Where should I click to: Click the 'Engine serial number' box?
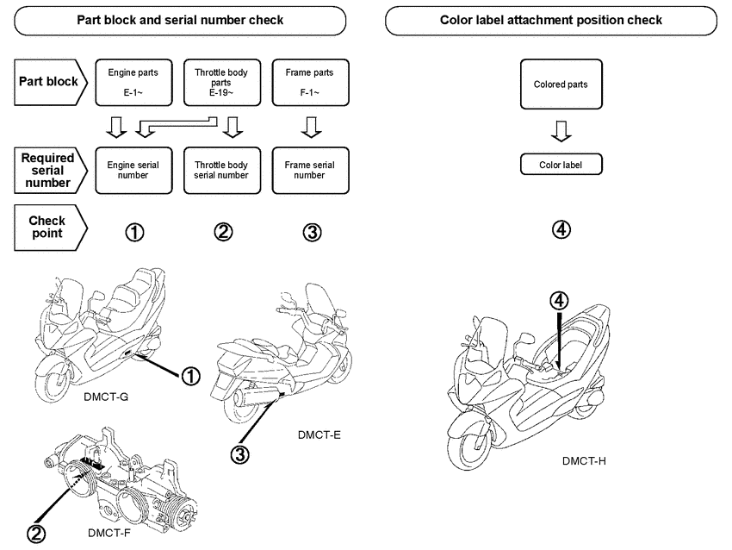click(132, 169)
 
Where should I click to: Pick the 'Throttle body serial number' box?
click(221, 169)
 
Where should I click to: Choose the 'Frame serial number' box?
click(310, 169)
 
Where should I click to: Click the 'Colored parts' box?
click(561, 84)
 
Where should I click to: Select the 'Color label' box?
click(561, 164)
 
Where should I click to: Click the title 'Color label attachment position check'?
click(551, 20)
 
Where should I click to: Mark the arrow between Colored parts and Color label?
click(561, 131)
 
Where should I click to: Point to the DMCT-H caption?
click(584, 460)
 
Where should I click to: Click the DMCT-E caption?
click(319, 434)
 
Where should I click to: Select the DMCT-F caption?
click(109, 533)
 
